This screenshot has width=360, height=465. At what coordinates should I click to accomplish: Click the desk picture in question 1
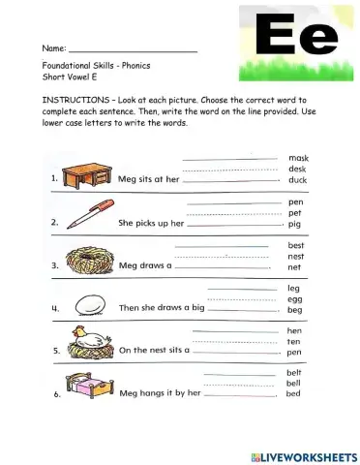pos(84,174)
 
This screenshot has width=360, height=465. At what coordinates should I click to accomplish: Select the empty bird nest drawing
pos(88,259)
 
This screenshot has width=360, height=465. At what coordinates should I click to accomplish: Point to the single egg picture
pos(90,304)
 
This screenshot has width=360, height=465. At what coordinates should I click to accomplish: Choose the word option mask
pos(297,157)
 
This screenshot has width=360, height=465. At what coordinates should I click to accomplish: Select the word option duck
pos(297,180)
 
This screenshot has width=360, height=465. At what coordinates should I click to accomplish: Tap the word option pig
pos(295,224)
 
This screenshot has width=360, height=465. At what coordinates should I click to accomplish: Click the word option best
pos(296,245)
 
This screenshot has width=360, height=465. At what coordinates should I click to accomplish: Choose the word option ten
pos(295,342)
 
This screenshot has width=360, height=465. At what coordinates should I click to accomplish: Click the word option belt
pos(295,372)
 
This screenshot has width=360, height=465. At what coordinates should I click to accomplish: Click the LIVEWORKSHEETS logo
pos(304,455)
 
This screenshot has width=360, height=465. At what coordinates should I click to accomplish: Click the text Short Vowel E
pos(70,77)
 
